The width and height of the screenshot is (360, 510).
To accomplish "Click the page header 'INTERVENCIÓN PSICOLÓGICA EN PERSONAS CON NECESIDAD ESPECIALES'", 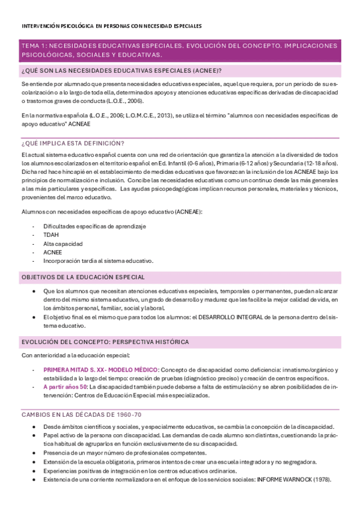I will pos(111,26).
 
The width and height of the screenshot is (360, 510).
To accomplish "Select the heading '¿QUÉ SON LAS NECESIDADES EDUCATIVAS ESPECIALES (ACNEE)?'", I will pos(121,70).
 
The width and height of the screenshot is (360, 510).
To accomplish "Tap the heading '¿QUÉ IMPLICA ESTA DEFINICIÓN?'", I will pos(73,143).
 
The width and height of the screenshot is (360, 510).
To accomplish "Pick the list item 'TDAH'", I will pos(51,235).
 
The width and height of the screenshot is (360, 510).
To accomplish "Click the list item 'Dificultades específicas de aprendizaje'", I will pos(95,226).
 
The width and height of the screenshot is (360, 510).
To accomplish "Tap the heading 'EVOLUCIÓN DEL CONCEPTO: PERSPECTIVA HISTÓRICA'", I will pos(105,342).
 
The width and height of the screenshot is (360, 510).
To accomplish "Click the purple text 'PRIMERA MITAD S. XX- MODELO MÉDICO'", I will pos(101,369).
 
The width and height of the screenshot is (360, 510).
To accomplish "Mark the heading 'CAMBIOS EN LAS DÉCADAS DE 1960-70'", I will pos(81,414).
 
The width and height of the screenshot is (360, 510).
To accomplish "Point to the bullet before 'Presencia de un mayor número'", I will pos(38,453).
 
